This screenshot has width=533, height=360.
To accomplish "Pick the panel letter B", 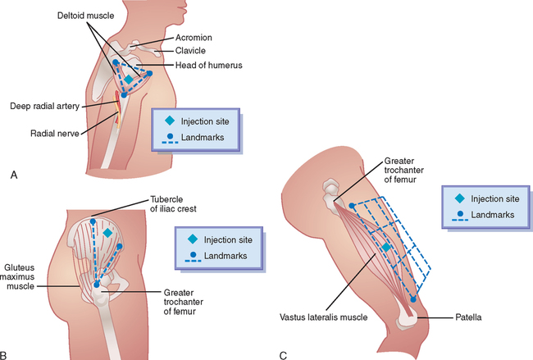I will click(x=7, y=355).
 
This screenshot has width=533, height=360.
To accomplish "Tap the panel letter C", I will click(x=283, y=355).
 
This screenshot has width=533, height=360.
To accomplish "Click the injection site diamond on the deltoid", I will click(x=128, y=79).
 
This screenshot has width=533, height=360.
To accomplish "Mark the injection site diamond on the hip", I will click(x=107, y=233).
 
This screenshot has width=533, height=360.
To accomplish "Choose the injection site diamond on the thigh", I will click(x=386, y=247).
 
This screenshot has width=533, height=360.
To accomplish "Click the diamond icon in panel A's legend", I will click(x=171, y=121).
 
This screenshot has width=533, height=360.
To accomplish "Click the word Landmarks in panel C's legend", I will click(x=489, y=214).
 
